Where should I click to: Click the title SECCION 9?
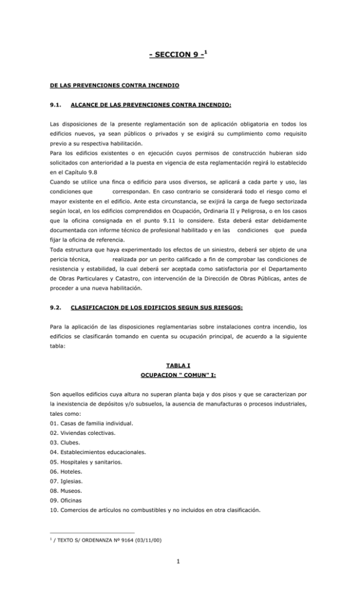[x=178, y=56]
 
